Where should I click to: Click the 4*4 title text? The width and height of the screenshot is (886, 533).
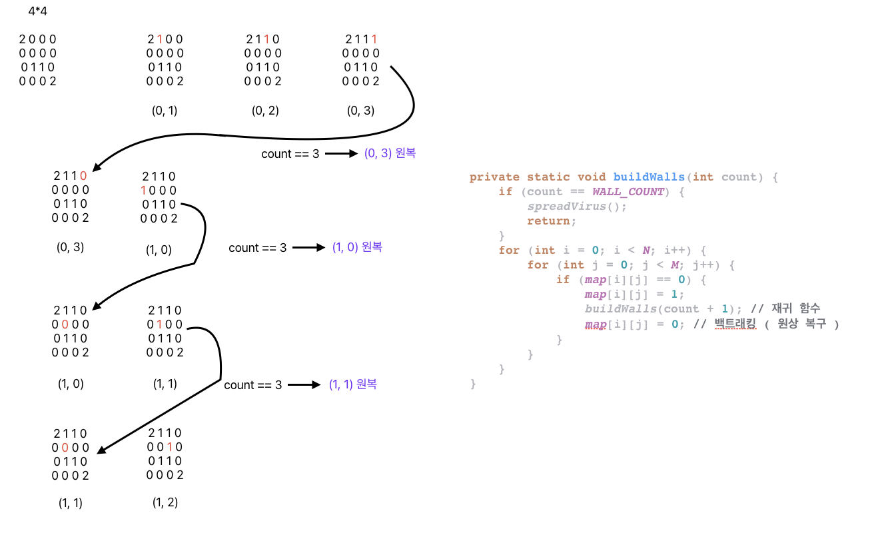[x=38, y=11]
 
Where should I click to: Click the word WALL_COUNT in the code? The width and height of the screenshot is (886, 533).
[x=628, y=192]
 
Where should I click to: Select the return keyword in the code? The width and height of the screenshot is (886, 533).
[x=549, y=221]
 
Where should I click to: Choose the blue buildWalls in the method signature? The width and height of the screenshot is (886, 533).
[x=648, y=177]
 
